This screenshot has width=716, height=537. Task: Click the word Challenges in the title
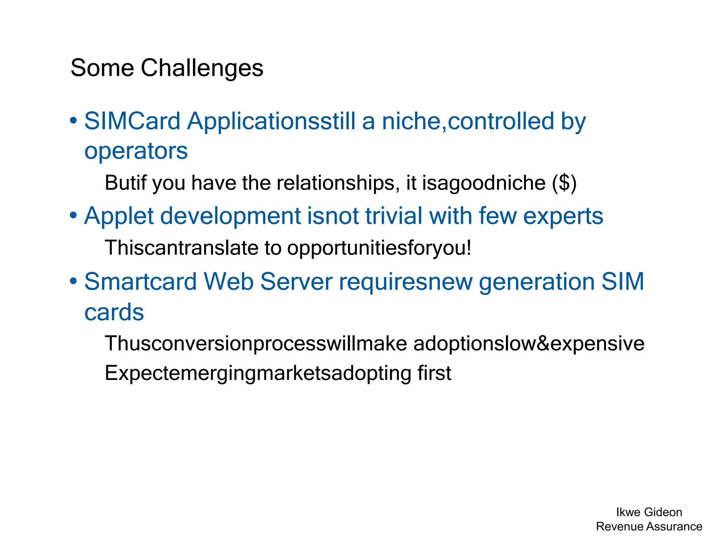[202, 68]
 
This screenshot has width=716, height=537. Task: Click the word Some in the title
[102, 68]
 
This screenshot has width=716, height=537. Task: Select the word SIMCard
[132, 121]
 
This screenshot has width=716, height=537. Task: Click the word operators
[136, 151]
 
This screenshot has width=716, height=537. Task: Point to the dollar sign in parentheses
[564, 183]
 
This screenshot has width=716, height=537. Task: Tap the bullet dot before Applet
[73, 216]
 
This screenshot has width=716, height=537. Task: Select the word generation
[536, 282]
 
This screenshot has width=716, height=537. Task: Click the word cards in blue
[114, 312]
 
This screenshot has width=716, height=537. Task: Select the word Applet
[119, 216]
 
